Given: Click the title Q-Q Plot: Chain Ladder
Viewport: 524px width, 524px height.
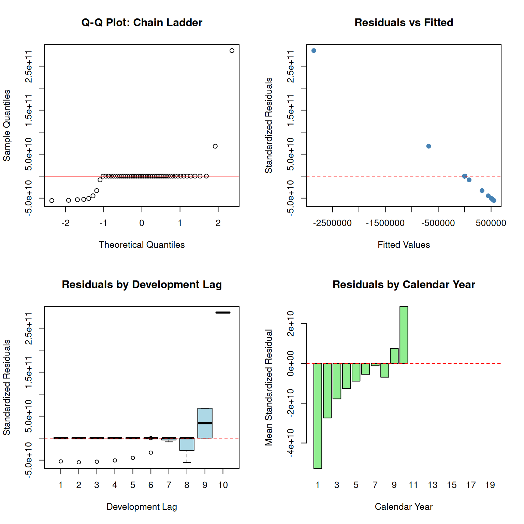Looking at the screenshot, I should [142, 23].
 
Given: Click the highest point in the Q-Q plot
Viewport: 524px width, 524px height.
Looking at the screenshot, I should [232, 50].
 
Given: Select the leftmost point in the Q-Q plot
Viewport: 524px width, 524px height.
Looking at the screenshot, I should [52, 201].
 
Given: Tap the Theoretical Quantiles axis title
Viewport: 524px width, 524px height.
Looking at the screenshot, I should [142, 245].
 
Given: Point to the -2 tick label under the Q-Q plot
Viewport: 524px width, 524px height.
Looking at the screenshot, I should [65, 223].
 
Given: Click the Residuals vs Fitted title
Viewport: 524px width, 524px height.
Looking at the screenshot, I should [404, 23].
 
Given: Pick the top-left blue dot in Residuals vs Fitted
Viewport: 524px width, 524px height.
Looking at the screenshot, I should [314, 50].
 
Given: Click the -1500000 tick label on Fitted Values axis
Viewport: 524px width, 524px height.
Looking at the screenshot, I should [385, 223].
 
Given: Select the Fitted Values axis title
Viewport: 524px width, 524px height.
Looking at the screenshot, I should [404, 245].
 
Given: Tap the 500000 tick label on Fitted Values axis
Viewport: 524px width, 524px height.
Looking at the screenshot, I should [491, 223].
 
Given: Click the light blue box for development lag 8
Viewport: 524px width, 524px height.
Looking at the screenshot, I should [187, 444].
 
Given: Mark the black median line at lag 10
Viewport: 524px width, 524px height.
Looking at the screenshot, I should [223, 312].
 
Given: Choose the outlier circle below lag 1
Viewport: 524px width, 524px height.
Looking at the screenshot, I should [61, 462].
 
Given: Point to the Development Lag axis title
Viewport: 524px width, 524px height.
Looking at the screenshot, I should [142, 507].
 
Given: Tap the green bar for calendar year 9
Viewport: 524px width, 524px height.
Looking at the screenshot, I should [394, 356].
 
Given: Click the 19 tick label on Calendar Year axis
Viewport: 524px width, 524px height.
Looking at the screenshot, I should [490, 485].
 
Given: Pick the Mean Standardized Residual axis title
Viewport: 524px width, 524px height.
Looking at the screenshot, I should [269, 388].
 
